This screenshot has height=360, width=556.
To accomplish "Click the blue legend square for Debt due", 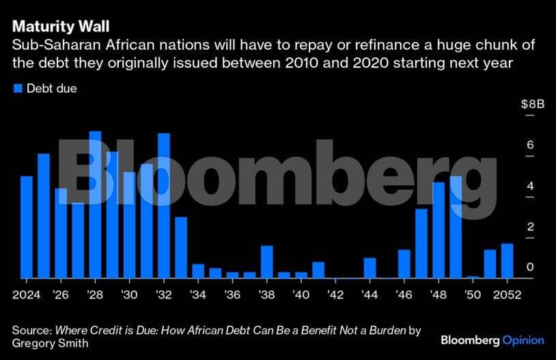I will point(18,89).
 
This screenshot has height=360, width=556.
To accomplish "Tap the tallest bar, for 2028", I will point(95,205).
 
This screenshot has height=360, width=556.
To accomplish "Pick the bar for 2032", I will point(164,206).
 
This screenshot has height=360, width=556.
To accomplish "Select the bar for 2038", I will point(267,262).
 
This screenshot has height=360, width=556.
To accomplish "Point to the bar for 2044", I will point(370,268).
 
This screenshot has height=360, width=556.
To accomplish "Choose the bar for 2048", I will point(439,230).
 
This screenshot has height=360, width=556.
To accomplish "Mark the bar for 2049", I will point(456,227).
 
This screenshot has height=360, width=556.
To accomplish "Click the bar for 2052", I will point(507,261).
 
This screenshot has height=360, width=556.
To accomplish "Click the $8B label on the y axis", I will point(532,105).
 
